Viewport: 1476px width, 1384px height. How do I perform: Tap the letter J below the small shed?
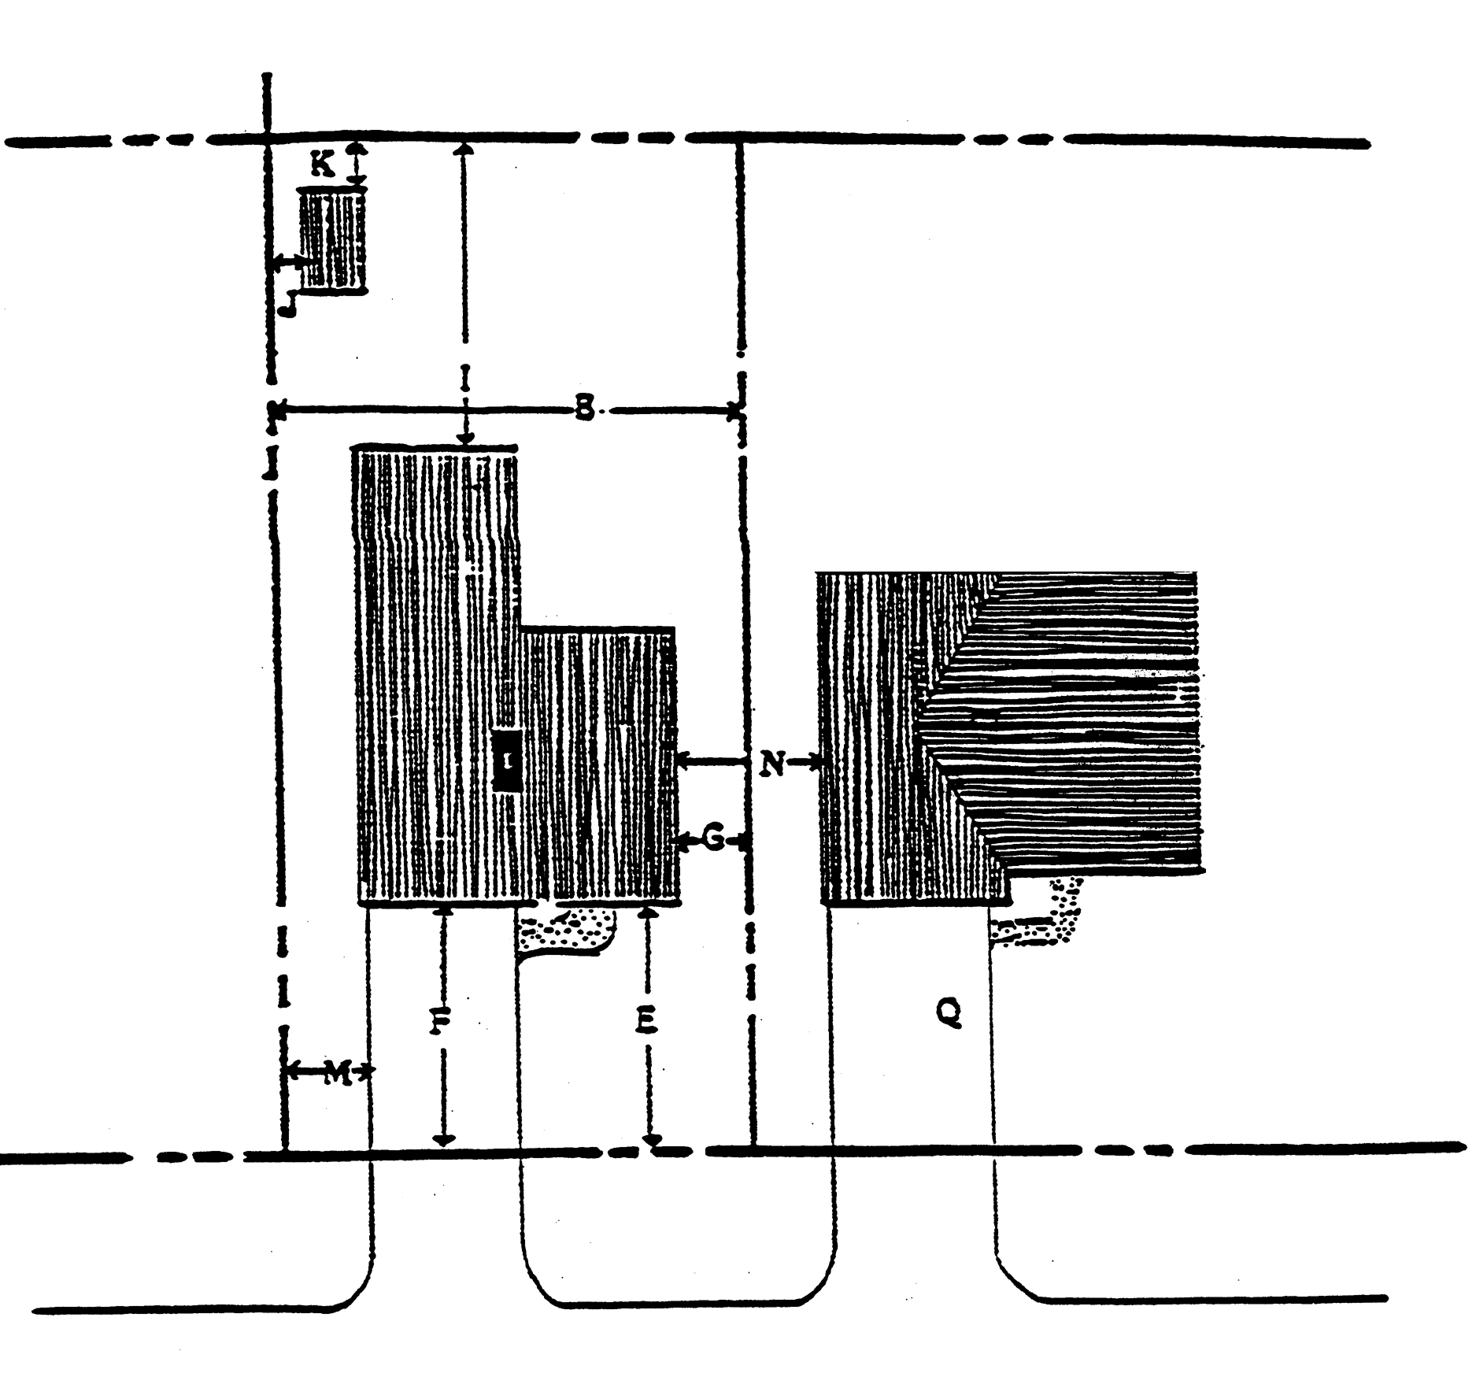coord(290,303)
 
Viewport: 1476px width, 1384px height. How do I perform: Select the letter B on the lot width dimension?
coord(583,409)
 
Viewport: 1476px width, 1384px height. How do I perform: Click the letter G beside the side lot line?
coord(713,840)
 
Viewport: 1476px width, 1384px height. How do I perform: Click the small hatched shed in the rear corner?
coord(333,241)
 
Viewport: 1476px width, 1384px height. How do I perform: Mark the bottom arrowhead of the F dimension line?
coord(444,1139)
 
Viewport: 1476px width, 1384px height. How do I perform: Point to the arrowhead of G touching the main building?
coord(683,842)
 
